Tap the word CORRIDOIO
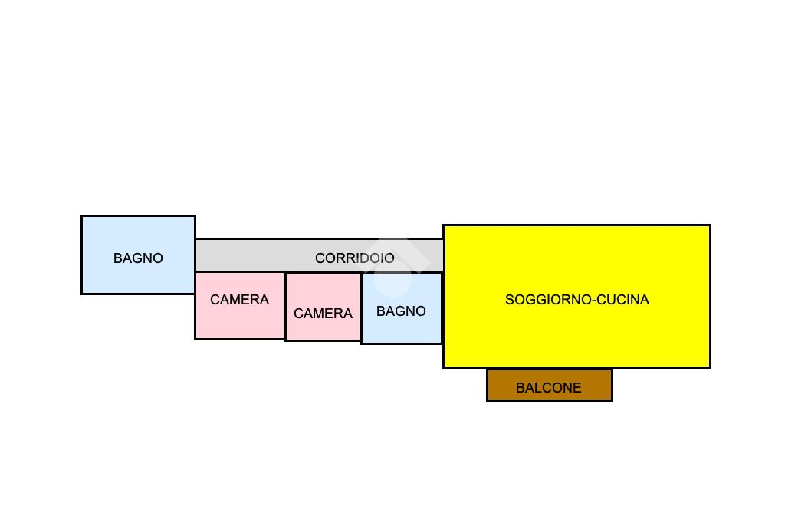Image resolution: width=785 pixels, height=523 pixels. coord(354,258)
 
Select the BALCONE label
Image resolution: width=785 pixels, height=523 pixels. coord(548,388)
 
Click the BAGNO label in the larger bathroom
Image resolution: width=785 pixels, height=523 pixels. coord(138,258)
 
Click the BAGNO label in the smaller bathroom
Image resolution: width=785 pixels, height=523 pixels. coord(401,311)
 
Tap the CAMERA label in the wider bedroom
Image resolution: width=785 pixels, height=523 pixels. coord(239,300)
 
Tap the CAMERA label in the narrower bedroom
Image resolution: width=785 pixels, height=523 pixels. coord(323,314)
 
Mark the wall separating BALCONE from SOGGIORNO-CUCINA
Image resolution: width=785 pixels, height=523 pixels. coord(549,369)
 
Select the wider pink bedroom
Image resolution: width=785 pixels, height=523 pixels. coord(239,322)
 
